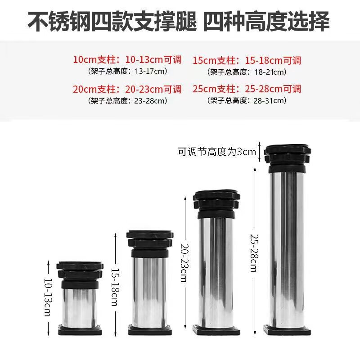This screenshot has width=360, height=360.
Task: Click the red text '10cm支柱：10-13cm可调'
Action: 127,59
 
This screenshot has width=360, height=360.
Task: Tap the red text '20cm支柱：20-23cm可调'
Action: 127,89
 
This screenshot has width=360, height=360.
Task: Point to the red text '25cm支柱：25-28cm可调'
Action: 247,89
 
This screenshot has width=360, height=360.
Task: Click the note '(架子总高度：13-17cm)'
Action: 127,71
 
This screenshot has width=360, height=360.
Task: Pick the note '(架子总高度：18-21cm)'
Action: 247,72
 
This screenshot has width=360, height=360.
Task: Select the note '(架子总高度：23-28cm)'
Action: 127,100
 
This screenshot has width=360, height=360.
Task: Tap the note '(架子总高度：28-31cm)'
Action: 247,100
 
